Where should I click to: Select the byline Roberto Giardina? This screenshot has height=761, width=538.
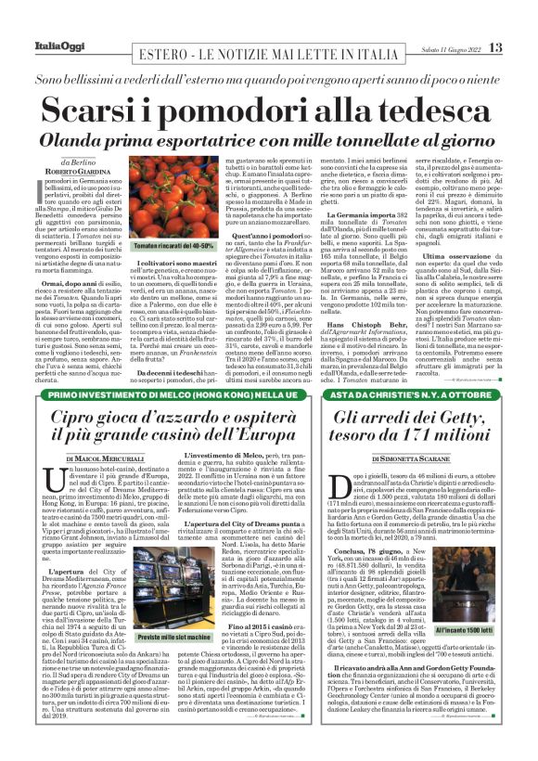click(x=89, y=172)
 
